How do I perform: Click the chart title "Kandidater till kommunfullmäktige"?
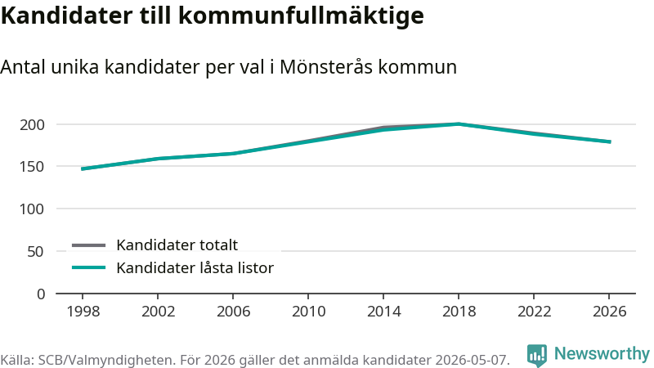(x=213, y=16)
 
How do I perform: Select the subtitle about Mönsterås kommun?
(x=229, y=67)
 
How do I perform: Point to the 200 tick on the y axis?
(x=32, y=124)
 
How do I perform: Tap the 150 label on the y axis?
(x=32, y=167)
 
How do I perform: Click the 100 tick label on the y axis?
(x=32, y=209)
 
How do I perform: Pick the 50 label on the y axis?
(x=35, y=251)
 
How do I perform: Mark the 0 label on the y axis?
(x=41, y=294)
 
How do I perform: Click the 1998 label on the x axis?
(x=83, y=312)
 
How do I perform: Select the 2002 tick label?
(x=158, y=312)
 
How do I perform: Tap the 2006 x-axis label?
(x=233, y=312)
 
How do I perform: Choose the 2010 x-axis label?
(x=308, y=312)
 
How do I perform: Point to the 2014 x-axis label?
(x=383, y=312)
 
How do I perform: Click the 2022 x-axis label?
(x=535, y=312)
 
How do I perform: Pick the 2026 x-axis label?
(x=609, y=312)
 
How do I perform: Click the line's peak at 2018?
(x=459, y=124)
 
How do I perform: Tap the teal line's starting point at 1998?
(x=83, y=169)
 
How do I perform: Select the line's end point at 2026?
(x=609, y=141)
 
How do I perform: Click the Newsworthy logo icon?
(x=537, y=355)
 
